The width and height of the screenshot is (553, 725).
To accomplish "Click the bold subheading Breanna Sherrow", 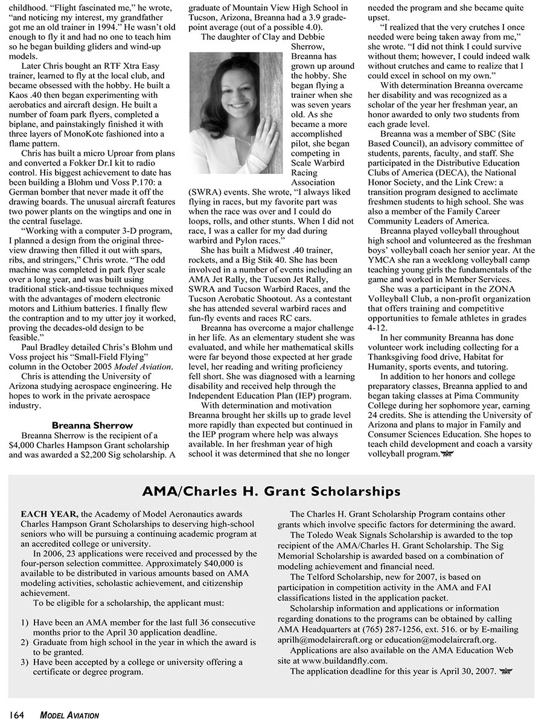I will tap(92, 425).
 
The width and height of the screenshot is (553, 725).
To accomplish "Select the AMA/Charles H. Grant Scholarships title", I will tap(271, 490).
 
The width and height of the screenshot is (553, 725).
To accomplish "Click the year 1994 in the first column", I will tap(101, 27).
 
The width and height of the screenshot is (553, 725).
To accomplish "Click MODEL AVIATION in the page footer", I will tap(69, 715).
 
